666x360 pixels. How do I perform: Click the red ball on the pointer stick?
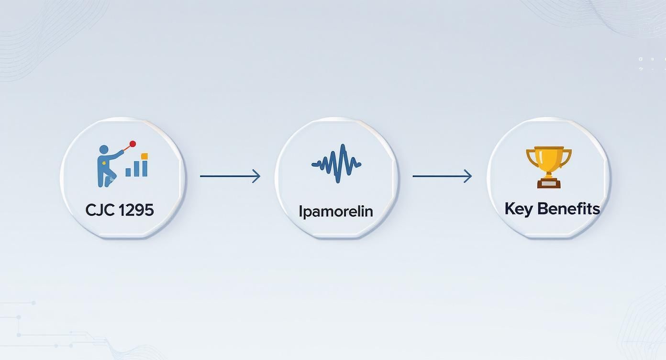point(133,144)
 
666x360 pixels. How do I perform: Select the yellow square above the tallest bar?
point(144,157)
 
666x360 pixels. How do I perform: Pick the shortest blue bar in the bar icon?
point(128,172)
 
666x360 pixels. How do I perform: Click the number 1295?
point(136,210)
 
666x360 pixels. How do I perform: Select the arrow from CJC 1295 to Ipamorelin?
point(230,176)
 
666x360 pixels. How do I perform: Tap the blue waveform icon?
point(336,163)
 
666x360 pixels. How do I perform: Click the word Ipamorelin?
point(335,211)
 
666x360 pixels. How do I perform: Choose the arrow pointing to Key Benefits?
point(442,176)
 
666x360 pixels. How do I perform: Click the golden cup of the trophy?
point(549,158)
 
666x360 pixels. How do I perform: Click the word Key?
point(519,209)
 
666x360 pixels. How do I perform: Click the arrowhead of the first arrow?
point(256,176)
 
